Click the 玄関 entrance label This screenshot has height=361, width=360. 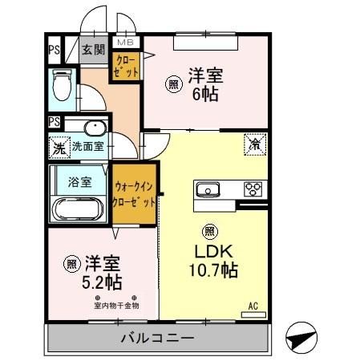[93, 50]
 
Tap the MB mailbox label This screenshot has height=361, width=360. [127, 42]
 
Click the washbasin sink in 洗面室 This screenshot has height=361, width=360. [93, 128]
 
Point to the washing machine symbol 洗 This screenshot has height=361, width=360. [58, 148]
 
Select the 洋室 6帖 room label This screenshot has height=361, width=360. [204, 84]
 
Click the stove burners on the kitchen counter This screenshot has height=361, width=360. [253, 189]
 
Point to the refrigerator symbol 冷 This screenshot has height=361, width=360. [255, 145]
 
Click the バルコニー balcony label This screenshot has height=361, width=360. [157, 337]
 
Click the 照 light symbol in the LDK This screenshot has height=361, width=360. [209, 231]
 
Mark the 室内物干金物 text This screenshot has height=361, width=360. [117, 305]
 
